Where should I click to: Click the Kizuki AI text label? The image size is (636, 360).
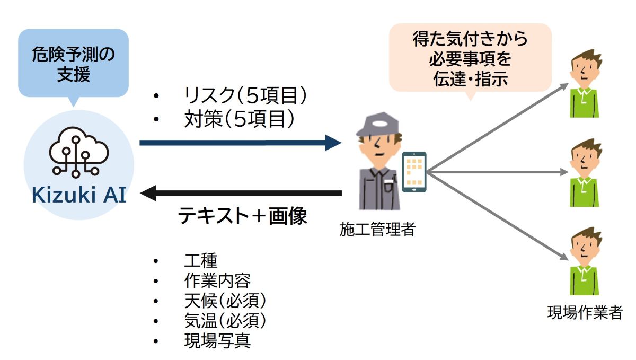(78, 195)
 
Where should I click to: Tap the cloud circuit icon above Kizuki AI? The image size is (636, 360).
(78, 154)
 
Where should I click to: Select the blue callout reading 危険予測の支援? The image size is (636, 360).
(73, 64)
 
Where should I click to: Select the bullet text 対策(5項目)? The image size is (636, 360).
(236, 120)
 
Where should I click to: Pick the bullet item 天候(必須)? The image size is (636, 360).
(225, 301)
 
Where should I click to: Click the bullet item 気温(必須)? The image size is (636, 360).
(225, 320)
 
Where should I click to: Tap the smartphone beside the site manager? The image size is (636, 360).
(414, 171)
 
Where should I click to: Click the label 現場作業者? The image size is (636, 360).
(585, 312)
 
